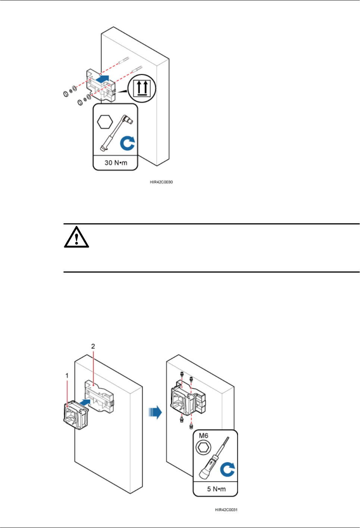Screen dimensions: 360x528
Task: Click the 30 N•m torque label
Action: [x=116, y=163]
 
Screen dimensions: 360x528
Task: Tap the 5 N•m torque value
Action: [x=216, y=489]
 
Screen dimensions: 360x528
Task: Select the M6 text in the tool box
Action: [x=204, y=435]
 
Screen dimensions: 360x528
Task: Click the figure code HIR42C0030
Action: [x=161, y=182]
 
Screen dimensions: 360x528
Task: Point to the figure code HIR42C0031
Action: [x=226, y=510]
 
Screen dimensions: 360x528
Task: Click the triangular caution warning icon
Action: [x=76, y=237]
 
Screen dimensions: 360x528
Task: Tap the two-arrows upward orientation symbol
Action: [x=142, y=88]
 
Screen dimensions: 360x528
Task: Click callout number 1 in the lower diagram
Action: [x=67, y=375]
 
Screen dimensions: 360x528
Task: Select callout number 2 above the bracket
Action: [x=93, y=346]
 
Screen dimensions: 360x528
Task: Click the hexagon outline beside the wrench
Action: [x=105, y=121]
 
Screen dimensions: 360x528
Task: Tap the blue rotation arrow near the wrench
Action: [x=127, y=143]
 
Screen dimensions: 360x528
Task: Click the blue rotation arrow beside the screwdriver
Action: [x=227, y=469]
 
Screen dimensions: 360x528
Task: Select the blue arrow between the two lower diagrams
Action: [x=155, y=413]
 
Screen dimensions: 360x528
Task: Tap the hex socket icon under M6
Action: [x=203, y=447]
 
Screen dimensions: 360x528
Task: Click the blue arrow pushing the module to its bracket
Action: [x=86, y=402]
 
